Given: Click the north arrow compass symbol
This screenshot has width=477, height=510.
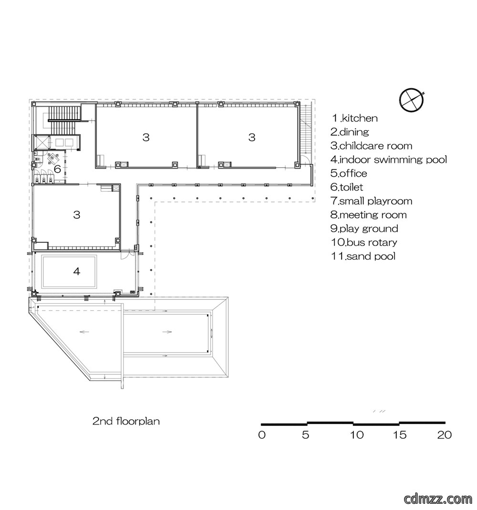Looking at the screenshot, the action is point(412,99).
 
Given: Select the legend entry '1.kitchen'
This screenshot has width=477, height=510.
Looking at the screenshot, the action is point(354,118).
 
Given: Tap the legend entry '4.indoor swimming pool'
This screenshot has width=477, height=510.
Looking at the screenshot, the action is point(389,159).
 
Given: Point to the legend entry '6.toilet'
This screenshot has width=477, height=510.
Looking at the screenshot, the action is point(347,187).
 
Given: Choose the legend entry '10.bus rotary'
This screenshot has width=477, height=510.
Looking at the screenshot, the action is point(364,242).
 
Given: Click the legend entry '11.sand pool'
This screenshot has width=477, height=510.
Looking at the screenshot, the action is point(363,256).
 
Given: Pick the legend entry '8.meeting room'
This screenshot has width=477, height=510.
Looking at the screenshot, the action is point(368,215).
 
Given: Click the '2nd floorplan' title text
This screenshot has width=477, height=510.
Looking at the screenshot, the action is point(126,421).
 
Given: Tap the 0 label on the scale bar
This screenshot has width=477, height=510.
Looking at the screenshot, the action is point(262,435).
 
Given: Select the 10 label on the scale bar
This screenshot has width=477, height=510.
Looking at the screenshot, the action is point(356,435).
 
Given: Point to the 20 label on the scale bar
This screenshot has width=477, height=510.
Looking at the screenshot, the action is point(444,435).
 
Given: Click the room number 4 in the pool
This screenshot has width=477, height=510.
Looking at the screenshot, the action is point(77,271).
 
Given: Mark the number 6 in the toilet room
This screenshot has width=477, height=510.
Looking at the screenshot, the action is point(58,169).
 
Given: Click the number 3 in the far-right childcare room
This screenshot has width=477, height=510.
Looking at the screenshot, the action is point(252,137).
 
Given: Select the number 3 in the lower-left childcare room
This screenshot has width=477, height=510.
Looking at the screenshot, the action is point(77,215).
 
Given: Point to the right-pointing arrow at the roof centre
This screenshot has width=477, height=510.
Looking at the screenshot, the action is point(167,332).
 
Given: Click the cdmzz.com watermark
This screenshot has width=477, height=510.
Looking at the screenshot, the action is point(438,498).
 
